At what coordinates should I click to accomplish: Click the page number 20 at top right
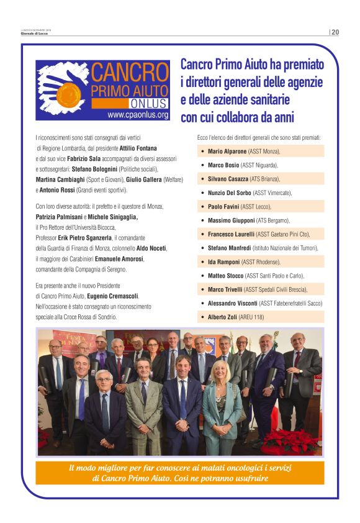tap(335, 32)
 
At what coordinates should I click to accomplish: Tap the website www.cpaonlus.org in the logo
tap(138, 115)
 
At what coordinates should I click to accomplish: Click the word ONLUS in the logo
tap(145, 103)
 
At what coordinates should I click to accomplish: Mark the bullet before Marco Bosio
tap(202, 165)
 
